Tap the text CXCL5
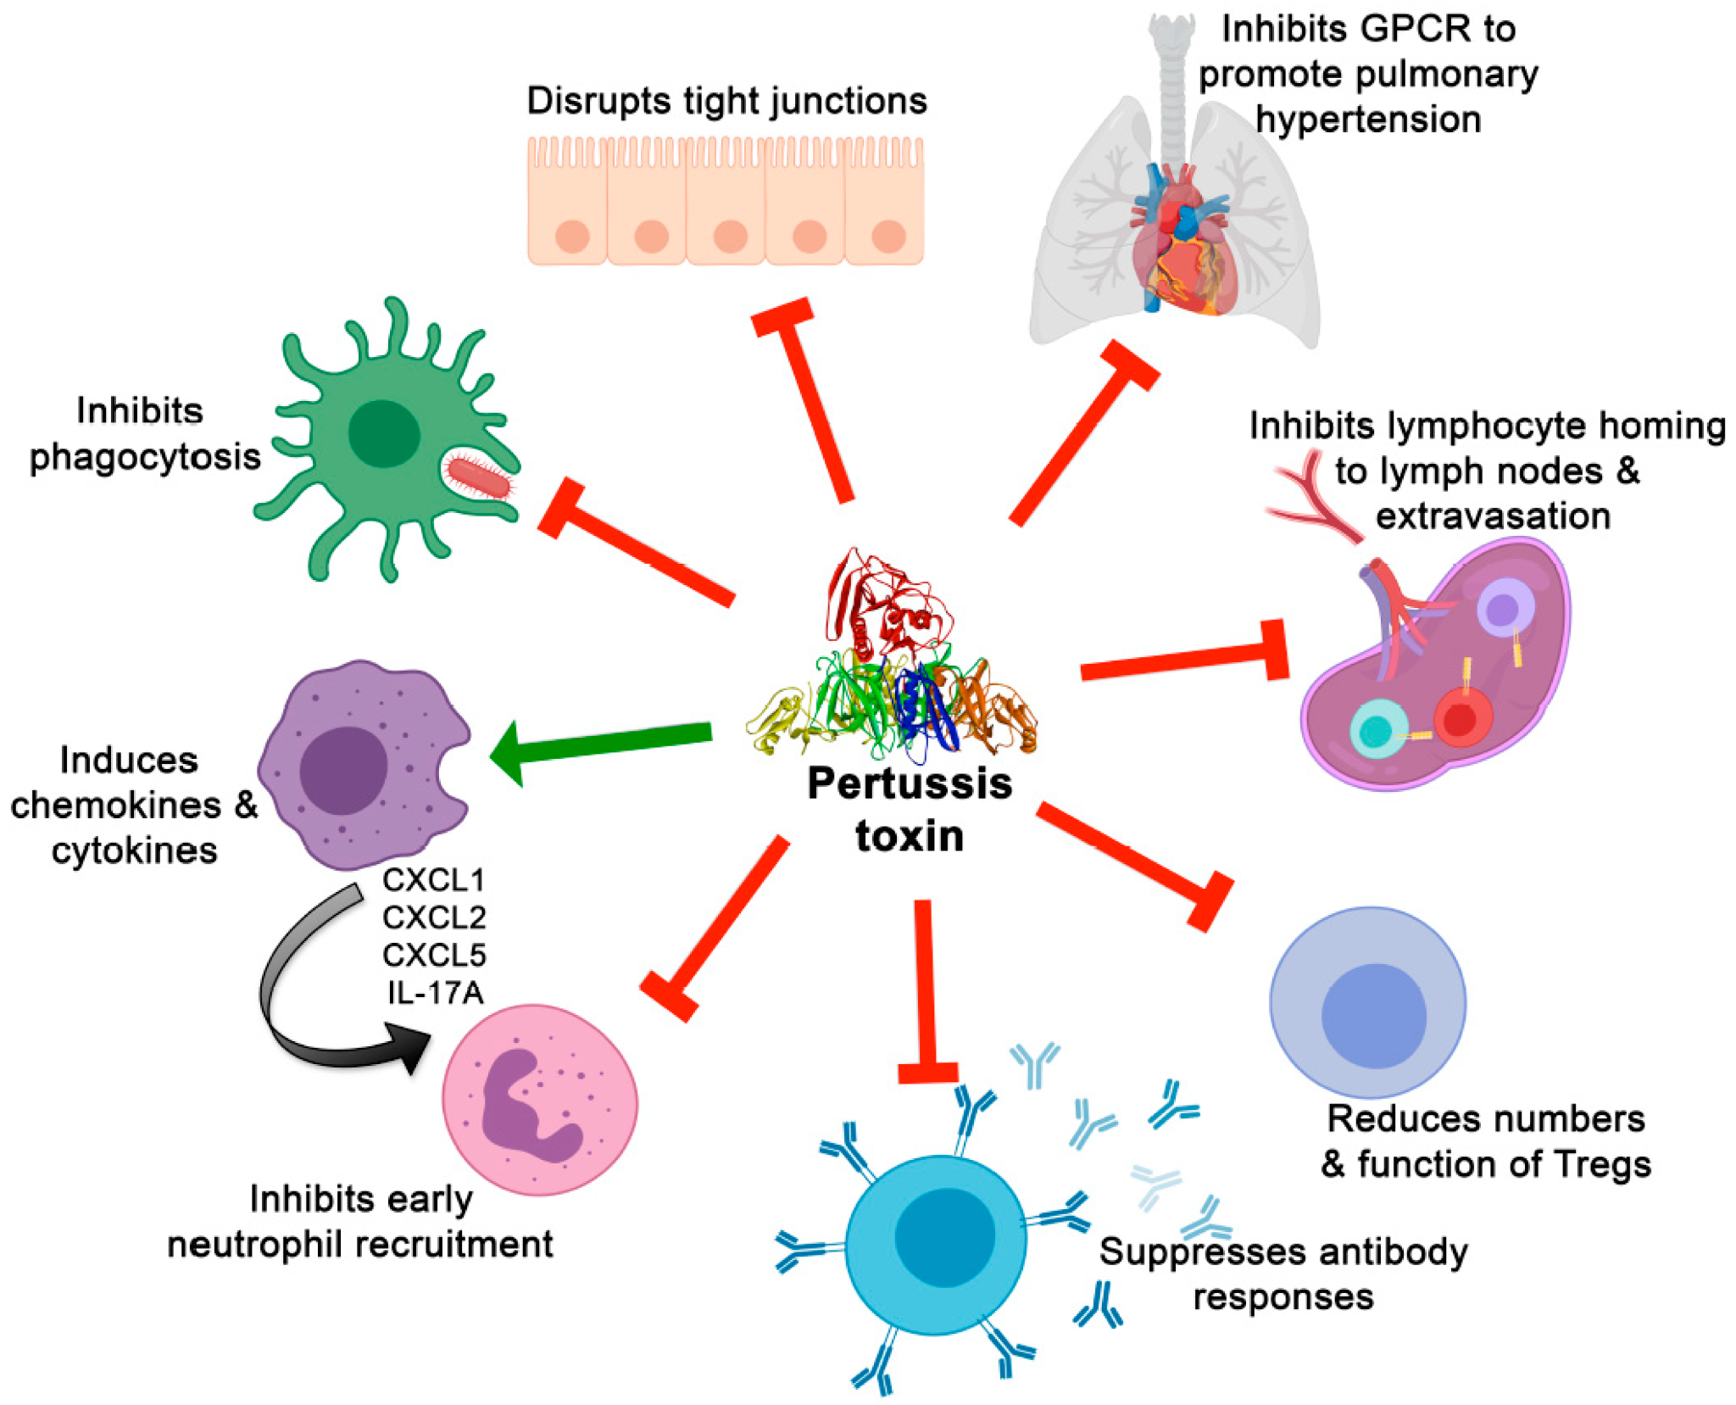434,955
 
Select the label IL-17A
435,992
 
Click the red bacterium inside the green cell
480,477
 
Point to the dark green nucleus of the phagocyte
384,433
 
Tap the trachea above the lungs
1171,85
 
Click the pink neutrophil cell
540,1100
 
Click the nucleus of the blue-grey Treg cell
1373,1015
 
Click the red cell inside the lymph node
1461,719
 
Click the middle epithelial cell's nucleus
730,237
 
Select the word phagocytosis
145,457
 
